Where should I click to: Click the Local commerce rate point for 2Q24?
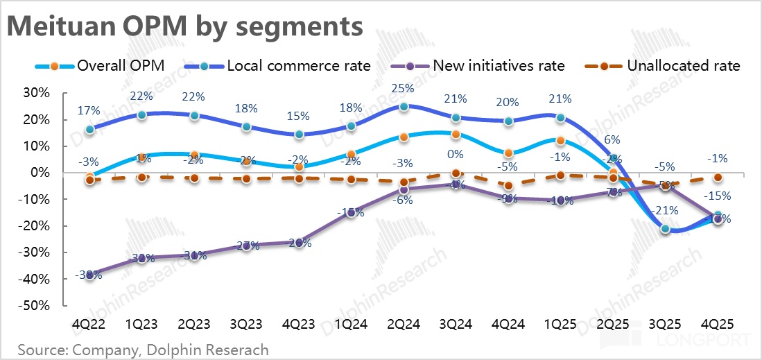pyautogui.click(x=404, y=107)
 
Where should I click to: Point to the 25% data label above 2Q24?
pyautogui.click(x=404, y=89)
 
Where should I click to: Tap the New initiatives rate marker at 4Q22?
pyautogui.click(x=89, y=274)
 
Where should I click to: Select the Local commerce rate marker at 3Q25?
pyautogui.click(x=666, y=229)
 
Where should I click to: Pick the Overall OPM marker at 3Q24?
pyautogui.click(x=456, y=135)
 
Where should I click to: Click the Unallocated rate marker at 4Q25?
pyautogui.click(x=718, y=178)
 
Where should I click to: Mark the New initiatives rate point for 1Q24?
pyautogui.click(x=351, y=213)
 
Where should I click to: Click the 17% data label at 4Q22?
pyautogui.click(x=89, y=110)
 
